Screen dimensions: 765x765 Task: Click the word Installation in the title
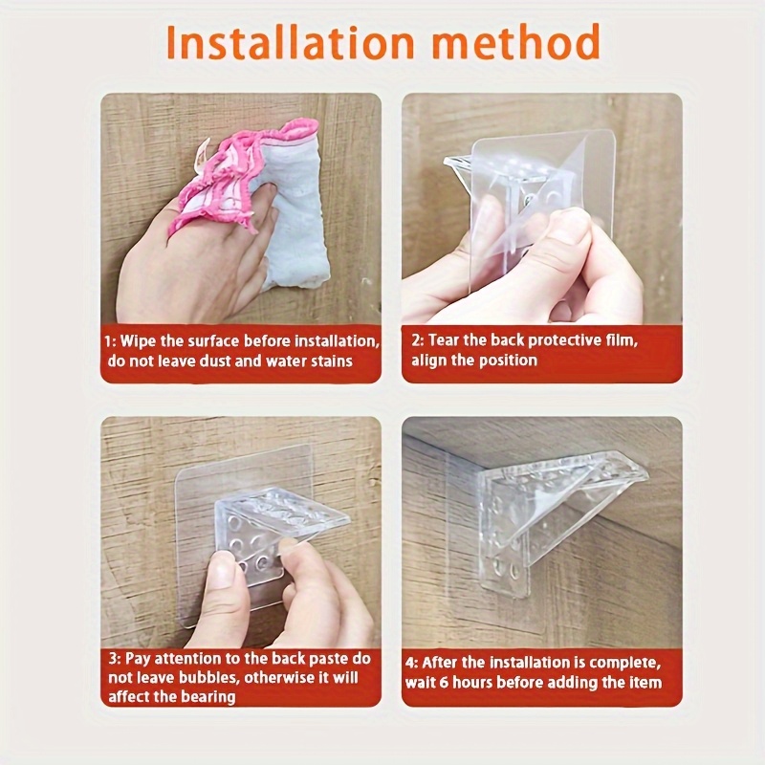pyautogui.click(x=291, y=42)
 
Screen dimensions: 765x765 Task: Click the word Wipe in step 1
pyautogui.click(x=138, y=340)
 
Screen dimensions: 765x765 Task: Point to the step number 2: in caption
pyautogui.click(x=418, y=340)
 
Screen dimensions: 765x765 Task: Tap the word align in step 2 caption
pyautogui.click(x=427, y=361)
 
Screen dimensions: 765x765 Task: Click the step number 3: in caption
pyautogui.click(x=115, y=659)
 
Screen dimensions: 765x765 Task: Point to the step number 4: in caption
pyautogui.click(x=412, y=663)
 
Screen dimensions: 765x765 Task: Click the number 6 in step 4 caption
pyautogui.click(x=444, y=683)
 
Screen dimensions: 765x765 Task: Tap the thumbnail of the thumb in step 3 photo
pyautogui.click(x=223, y=566)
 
